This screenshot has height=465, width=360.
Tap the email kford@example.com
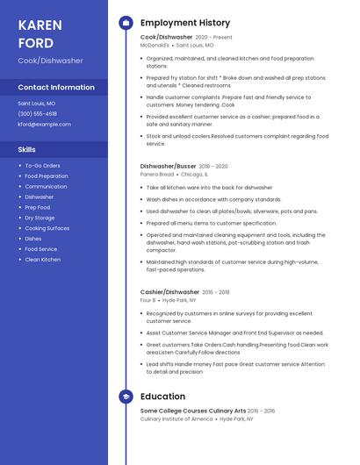click(x=44, y=124)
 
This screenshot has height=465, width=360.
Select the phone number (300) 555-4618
click(x=37, y=113)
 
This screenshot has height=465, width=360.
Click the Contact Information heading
click(x=56, y=87)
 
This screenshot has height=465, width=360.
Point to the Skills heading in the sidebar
click(x=26, y=149)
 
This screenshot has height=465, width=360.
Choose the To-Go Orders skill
click(x=42, y=165)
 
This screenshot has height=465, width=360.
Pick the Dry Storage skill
click(x=40, y=218)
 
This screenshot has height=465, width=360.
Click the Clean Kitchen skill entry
click(x=42, y=260)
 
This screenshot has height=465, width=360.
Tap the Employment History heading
click(x=184, y=23)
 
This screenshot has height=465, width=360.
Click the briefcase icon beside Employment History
click(x=125, y=23)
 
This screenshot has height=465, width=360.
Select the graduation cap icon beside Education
click(x=125, y=397)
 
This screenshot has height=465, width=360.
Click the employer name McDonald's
click(x=155, y=45)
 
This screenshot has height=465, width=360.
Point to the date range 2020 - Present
click(x=214, y=38)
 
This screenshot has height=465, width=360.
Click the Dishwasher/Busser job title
click(x=168, y=166)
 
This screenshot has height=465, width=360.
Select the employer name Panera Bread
click(x=157, y=174)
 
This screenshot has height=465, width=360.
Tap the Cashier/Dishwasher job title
click(x=169, y=292)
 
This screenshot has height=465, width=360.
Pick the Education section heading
click(x=162, y=397)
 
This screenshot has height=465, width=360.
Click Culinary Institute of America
click(x=176, y=418)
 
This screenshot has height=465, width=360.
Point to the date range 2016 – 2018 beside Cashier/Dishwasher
click(x=216, y=292)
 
